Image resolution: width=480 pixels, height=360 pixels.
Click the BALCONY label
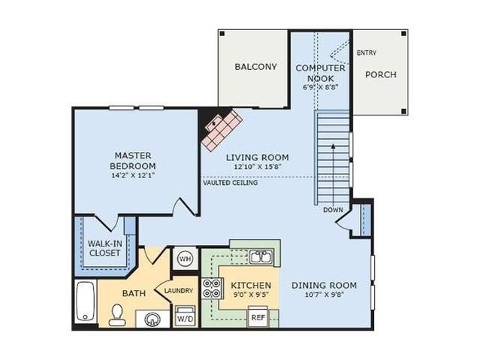(x=255, y=67)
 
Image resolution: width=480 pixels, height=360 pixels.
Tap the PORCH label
(x=381, y=74)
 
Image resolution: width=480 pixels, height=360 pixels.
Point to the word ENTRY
(x=367, y=53)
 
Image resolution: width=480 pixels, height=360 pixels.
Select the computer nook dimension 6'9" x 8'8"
(x=320, y=87)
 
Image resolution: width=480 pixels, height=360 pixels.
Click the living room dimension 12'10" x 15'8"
(x=258, y=167)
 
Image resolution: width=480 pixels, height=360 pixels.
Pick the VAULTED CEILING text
(x=231, y=183)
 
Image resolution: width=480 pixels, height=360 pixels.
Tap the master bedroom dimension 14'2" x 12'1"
(x=133, y=176)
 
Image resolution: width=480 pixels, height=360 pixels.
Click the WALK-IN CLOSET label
(x=104, y=249)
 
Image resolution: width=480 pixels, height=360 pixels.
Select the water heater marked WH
(x=185, y=259)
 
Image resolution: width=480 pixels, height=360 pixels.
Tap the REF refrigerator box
(x=258, y=316)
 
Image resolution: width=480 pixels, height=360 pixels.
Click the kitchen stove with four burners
(x=212, y=289)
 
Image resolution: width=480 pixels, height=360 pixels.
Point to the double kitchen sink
(x=261, y=257)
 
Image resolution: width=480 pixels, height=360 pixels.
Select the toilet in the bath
(x=117, y=315)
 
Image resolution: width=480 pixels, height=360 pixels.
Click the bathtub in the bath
(x=86, y=301)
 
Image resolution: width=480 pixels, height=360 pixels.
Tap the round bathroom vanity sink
(x=152, y=319)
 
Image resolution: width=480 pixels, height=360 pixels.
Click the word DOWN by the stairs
(x=333, y=210)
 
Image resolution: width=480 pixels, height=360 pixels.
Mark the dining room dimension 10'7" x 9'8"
(x=325, y=295)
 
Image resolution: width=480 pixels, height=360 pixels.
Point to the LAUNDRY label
(x=179, y=291)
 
